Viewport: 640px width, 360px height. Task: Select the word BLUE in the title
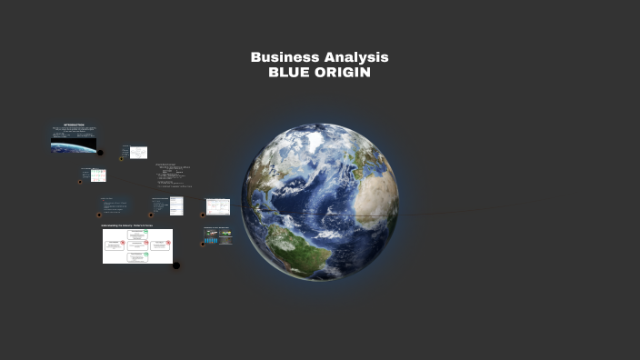tap(288, 73)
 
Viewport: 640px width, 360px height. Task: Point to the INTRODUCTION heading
tap(74, 125)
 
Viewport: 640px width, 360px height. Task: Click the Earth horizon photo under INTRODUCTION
tap(74, 145)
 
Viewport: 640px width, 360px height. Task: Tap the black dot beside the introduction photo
tap(100, 153)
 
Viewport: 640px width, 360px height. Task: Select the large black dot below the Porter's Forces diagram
tap(176, 265)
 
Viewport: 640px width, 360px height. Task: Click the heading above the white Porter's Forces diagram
tap(126, 225)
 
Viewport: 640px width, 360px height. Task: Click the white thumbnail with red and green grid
tap(98, 175)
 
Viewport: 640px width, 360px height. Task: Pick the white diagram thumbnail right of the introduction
tap(138, 153)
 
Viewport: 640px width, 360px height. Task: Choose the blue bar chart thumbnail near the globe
tap(218, 235)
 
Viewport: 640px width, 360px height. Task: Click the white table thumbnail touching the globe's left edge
tap(218, 206)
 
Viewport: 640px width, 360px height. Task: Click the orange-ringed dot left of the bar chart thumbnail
tap(202, 244)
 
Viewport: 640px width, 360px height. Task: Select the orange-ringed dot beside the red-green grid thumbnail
tap(81, 181)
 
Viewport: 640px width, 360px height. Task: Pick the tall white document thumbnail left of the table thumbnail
tap(176, 206)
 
